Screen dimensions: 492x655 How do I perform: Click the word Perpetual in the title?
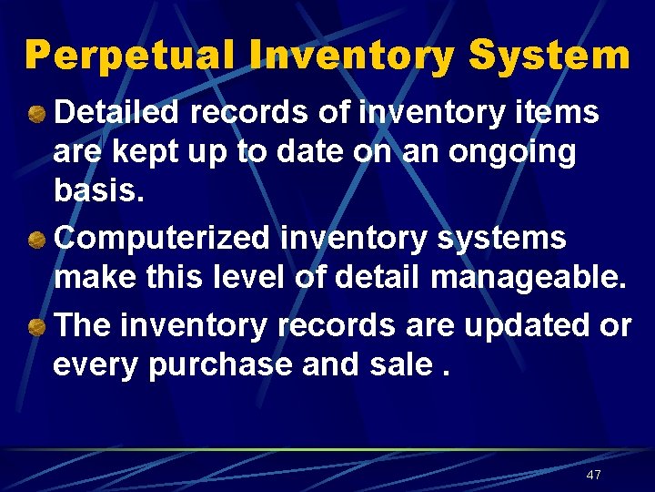pos(135,56)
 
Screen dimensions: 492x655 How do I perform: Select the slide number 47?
pos(594,475)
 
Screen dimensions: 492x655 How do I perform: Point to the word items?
pos(559,113)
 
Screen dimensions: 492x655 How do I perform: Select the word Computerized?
pos(163,239)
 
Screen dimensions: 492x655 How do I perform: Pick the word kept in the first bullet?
pos(148,152)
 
